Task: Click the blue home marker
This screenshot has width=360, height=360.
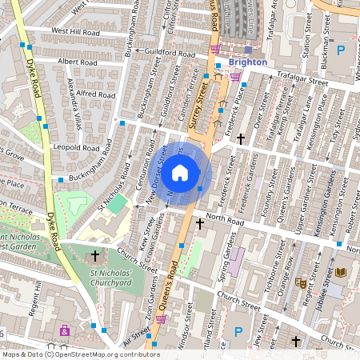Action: pyautogui.click(x=180, y=173)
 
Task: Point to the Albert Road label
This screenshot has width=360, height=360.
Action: pyautogui.click(x=78, y=61)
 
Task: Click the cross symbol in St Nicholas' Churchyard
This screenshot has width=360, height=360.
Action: pyautogui.click(x=95, y=256)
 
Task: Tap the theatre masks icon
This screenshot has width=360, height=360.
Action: pyautogui.click(x=302, y=282)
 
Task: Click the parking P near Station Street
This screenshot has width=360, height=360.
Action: pyautogui.click(x=342, y=50)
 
